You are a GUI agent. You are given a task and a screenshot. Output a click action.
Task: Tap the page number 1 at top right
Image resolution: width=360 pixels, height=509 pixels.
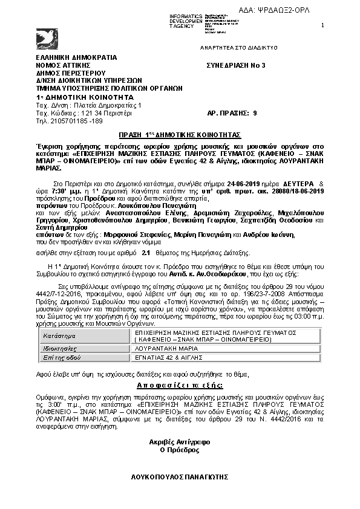[x=322, y=25]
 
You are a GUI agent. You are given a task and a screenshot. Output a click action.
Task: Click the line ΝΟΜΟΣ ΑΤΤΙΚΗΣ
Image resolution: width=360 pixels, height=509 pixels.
[x=62, y=64]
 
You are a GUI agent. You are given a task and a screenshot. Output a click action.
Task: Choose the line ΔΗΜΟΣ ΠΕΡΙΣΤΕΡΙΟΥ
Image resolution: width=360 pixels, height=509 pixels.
[x=67, y=72]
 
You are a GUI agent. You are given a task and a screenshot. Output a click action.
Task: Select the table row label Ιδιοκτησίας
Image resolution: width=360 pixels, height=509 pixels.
[x=59, y=349]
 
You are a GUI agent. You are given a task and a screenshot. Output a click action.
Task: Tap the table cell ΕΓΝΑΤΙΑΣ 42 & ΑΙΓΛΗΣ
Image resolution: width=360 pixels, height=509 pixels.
[x=165, y=357]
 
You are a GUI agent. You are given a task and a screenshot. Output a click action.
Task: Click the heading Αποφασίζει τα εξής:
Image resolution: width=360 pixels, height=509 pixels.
[x=180, y=385]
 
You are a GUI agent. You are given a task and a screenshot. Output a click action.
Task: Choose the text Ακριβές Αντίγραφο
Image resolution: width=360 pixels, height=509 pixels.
[x=179, y=442]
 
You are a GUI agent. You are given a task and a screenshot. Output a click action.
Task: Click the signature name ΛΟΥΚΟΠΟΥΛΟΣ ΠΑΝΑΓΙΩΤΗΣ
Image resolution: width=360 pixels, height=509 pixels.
[x=180, y=477]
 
